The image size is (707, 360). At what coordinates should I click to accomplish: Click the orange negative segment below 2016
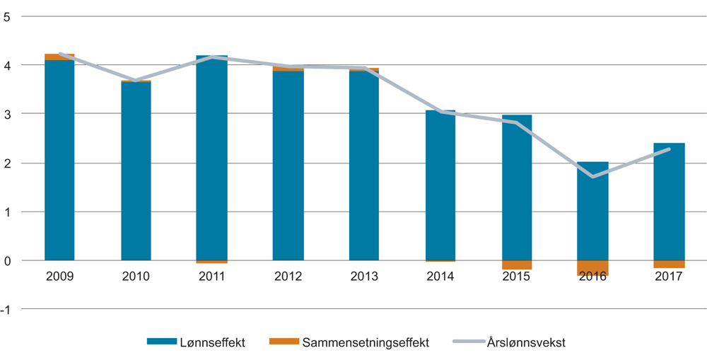tap(592, 267)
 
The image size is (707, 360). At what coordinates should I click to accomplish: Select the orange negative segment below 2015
tap(517, 265)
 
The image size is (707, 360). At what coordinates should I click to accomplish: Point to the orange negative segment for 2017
tap(669, 265)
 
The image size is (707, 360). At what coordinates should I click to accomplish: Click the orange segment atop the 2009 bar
tap(59, 57)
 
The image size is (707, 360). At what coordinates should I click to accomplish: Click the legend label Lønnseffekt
tap(213, 342)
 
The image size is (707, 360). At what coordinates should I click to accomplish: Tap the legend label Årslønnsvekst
tap(526, 342)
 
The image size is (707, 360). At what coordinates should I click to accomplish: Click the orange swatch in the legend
tap(284, 342)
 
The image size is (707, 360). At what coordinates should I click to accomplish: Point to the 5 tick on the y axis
tap(7, 16)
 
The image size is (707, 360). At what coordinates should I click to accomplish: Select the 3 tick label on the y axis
tap(7, 114)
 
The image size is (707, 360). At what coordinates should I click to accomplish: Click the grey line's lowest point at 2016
tap(592, 177)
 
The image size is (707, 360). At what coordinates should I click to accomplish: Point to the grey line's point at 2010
tap(136, 81)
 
